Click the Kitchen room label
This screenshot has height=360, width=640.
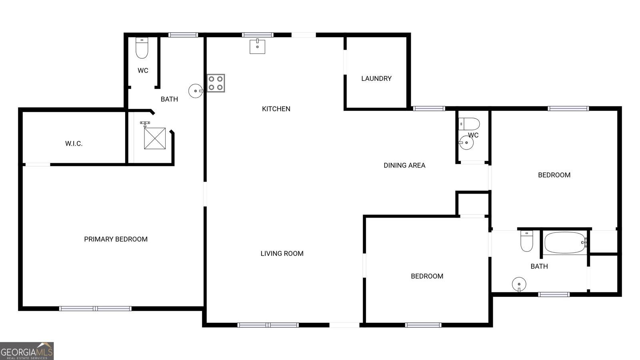pos(276,109)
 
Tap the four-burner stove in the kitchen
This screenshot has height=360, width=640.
pos(216,83)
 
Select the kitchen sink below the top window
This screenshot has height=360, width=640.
pos(257,46)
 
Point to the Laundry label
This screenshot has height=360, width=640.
pos(376,78)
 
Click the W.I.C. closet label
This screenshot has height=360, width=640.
pos(74,144)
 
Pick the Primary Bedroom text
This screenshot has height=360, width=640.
pos(116,239)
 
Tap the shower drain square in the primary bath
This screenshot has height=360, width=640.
pos(155,138)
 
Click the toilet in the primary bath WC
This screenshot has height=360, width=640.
pos(142,48)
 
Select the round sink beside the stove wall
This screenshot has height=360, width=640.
pos(196,91)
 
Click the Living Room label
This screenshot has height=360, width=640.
pos(282,254)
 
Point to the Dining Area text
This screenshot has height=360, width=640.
pos(404,166)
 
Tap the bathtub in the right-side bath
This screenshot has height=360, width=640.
pos(565,242)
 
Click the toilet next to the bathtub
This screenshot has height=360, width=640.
pos(526,241)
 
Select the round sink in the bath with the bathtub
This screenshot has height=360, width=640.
pos(519,284)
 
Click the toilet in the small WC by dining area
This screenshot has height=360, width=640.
pos(469,124)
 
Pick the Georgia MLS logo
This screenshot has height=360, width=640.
pos(26,351)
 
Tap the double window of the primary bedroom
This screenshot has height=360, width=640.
pos(96,308)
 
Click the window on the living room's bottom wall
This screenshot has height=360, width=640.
pos(268,325)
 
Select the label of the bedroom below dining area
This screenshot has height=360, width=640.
pos(427,276)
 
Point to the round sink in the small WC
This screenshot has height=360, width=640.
pos(466,142)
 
